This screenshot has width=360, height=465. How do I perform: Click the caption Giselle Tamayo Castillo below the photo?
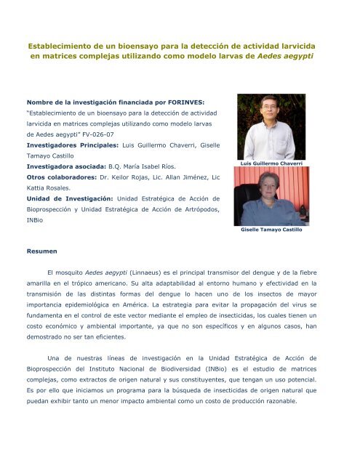[271, 229]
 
